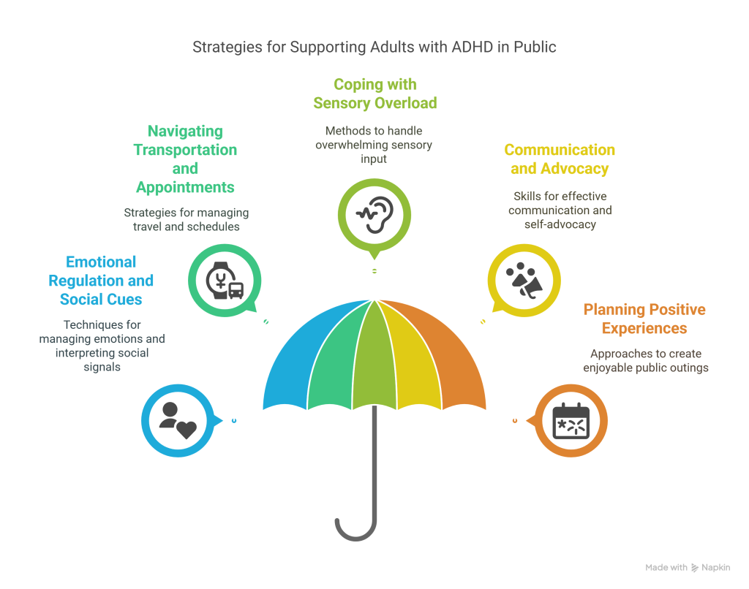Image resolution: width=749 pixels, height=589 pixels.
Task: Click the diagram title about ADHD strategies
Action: (374, 47)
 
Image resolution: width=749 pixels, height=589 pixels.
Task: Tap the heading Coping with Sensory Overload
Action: (374, 94)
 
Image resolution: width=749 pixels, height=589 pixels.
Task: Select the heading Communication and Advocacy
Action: (560, 159)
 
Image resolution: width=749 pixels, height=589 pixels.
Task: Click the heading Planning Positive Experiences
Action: (644, 319)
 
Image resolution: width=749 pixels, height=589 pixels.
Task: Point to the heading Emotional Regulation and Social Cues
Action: (101, 281)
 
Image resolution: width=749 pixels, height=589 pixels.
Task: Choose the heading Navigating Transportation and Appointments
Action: (185, 159)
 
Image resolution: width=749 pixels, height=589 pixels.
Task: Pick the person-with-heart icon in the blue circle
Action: (178, 421)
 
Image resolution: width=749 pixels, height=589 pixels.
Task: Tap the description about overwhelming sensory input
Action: (374, 145)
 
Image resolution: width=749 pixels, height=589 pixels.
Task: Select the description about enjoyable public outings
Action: (645, 360)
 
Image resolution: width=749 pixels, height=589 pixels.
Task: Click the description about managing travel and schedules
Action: (186, 220)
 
